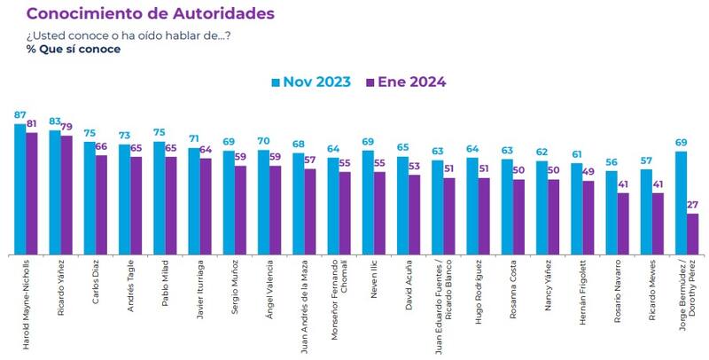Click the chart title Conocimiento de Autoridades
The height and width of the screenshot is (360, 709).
point(150,14)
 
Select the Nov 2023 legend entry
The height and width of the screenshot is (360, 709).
point(310,82)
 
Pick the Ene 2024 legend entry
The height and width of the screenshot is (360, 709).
point(404,82)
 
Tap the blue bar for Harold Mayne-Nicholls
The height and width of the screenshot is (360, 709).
point(20,189)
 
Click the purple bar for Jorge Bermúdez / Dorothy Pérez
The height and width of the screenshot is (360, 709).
point(692,233)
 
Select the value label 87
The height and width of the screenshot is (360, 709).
point(20,115)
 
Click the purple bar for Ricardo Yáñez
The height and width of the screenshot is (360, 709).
point(66,194)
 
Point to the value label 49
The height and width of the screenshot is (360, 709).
point(588,173)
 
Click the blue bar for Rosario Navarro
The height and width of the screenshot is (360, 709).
point(611,212)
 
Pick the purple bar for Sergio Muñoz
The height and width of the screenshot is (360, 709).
point(240,209)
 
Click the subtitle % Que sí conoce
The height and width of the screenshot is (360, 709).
point(74,50)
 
